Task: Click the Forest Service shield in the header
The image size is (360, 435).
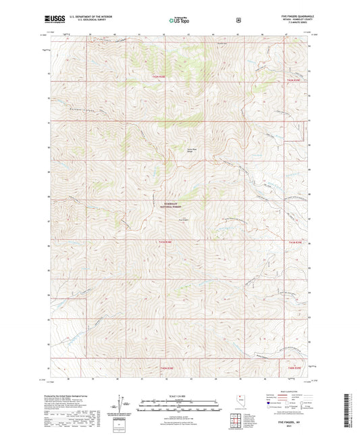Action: pos(238,20)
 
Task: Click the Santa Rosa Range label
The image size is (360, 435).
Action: pos(192,152)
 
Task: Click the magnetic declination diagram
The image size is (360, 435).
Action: pos(122,403)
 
